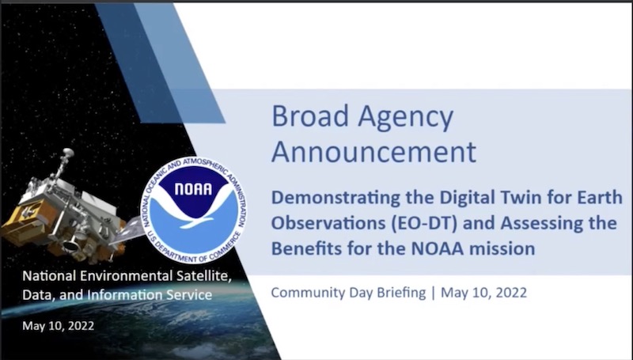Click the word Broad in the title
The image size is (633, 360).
pyautogui.click(x=310, y=116)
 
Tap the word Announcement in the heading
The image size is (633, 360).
pyautogui.click(x=373, y=152)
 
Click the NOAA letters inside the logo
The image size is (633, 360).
pyautogui.click(x=193, y=189)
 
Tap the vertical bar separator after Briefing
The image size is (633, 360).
pyautogui.click(x=433, y=293)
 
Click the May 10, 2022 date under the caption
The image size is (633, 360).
pyautogui.click(x=58, y=326)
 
